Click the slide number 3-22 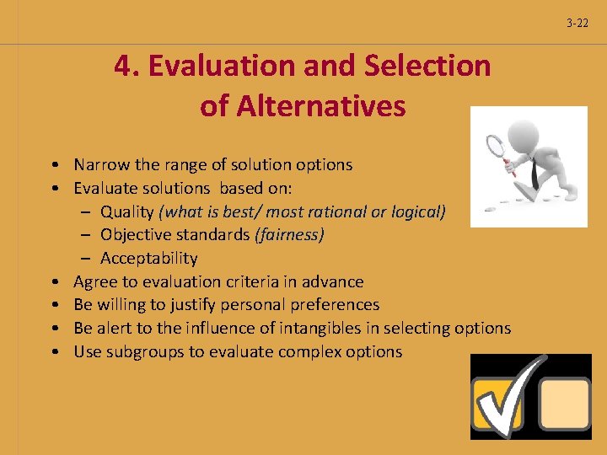[x=577, y=23]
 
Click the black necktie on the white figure [x=534, y=172]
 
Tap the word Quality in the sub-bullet [x=127, y=211]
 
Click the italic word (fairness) [x=289, y=235]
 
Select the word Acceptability [x=149, y=259]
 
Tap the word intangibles [x=355, y=329]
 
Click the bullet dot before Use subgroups [x=54, y=352]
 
